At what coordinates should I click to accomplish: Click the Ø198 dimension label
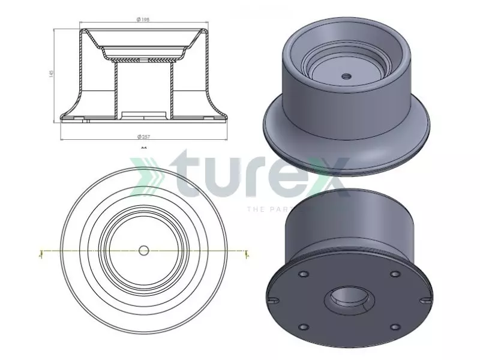pyautogui.click(x=143, y=20)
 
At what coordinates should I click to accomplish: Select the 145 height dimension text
pyautogui.click(x=52, y=73)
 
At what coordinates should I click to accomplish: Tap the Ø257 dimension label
pyautogui.click(x=143, y=137)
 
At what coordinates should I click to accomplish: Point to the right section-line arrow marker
pyautogui.click(x=246, y=253)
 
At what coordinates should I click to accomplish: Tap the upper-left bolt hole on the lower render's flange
pyautogui.click(x=302, y=274)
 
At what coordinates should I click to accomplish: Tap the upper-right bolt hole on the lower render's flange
pyautogui.click(x=394, y=274)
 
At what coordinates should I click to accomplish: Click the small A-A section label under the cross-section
pyautogui.click(x=143, y=146)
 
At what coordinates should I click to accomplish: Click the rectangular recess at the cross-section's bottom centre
pyautogui.click(x=143, y=114)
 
